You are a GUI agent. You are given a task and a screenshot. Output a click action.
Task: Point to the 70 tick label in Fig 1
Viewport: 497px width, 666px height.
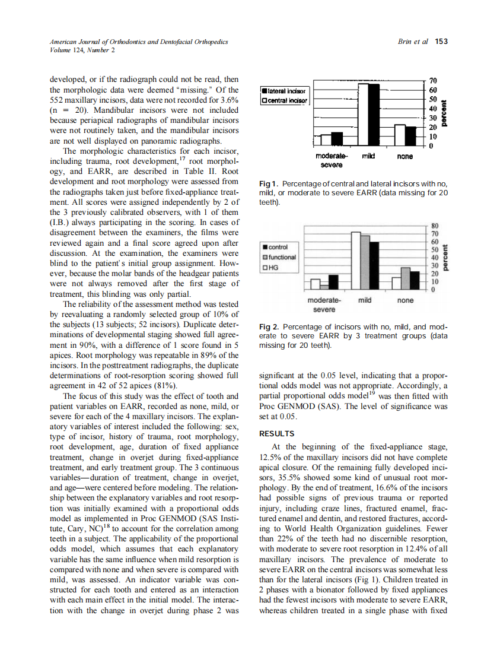pyautogui.click(x=433, y=80)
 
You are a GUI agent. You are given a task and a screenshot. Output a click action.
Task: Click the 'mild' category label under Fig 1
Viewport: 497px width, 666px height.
pyautogui.click(x=368, y=157)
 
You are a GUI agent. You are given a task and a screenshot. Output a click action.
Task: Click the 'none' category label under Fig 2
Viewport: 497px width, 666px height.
pyautogui.click(x=405, y=300)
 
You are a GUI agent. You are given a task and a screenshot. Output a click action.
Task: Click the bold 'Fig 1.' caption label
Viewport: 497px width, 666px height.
pyautogui.click(x=269, y=185)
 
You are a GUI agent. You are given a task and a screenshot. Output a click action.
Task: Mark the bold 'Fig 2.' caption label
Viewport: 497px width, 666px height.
pyautogui.click(x=270, y=327)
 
